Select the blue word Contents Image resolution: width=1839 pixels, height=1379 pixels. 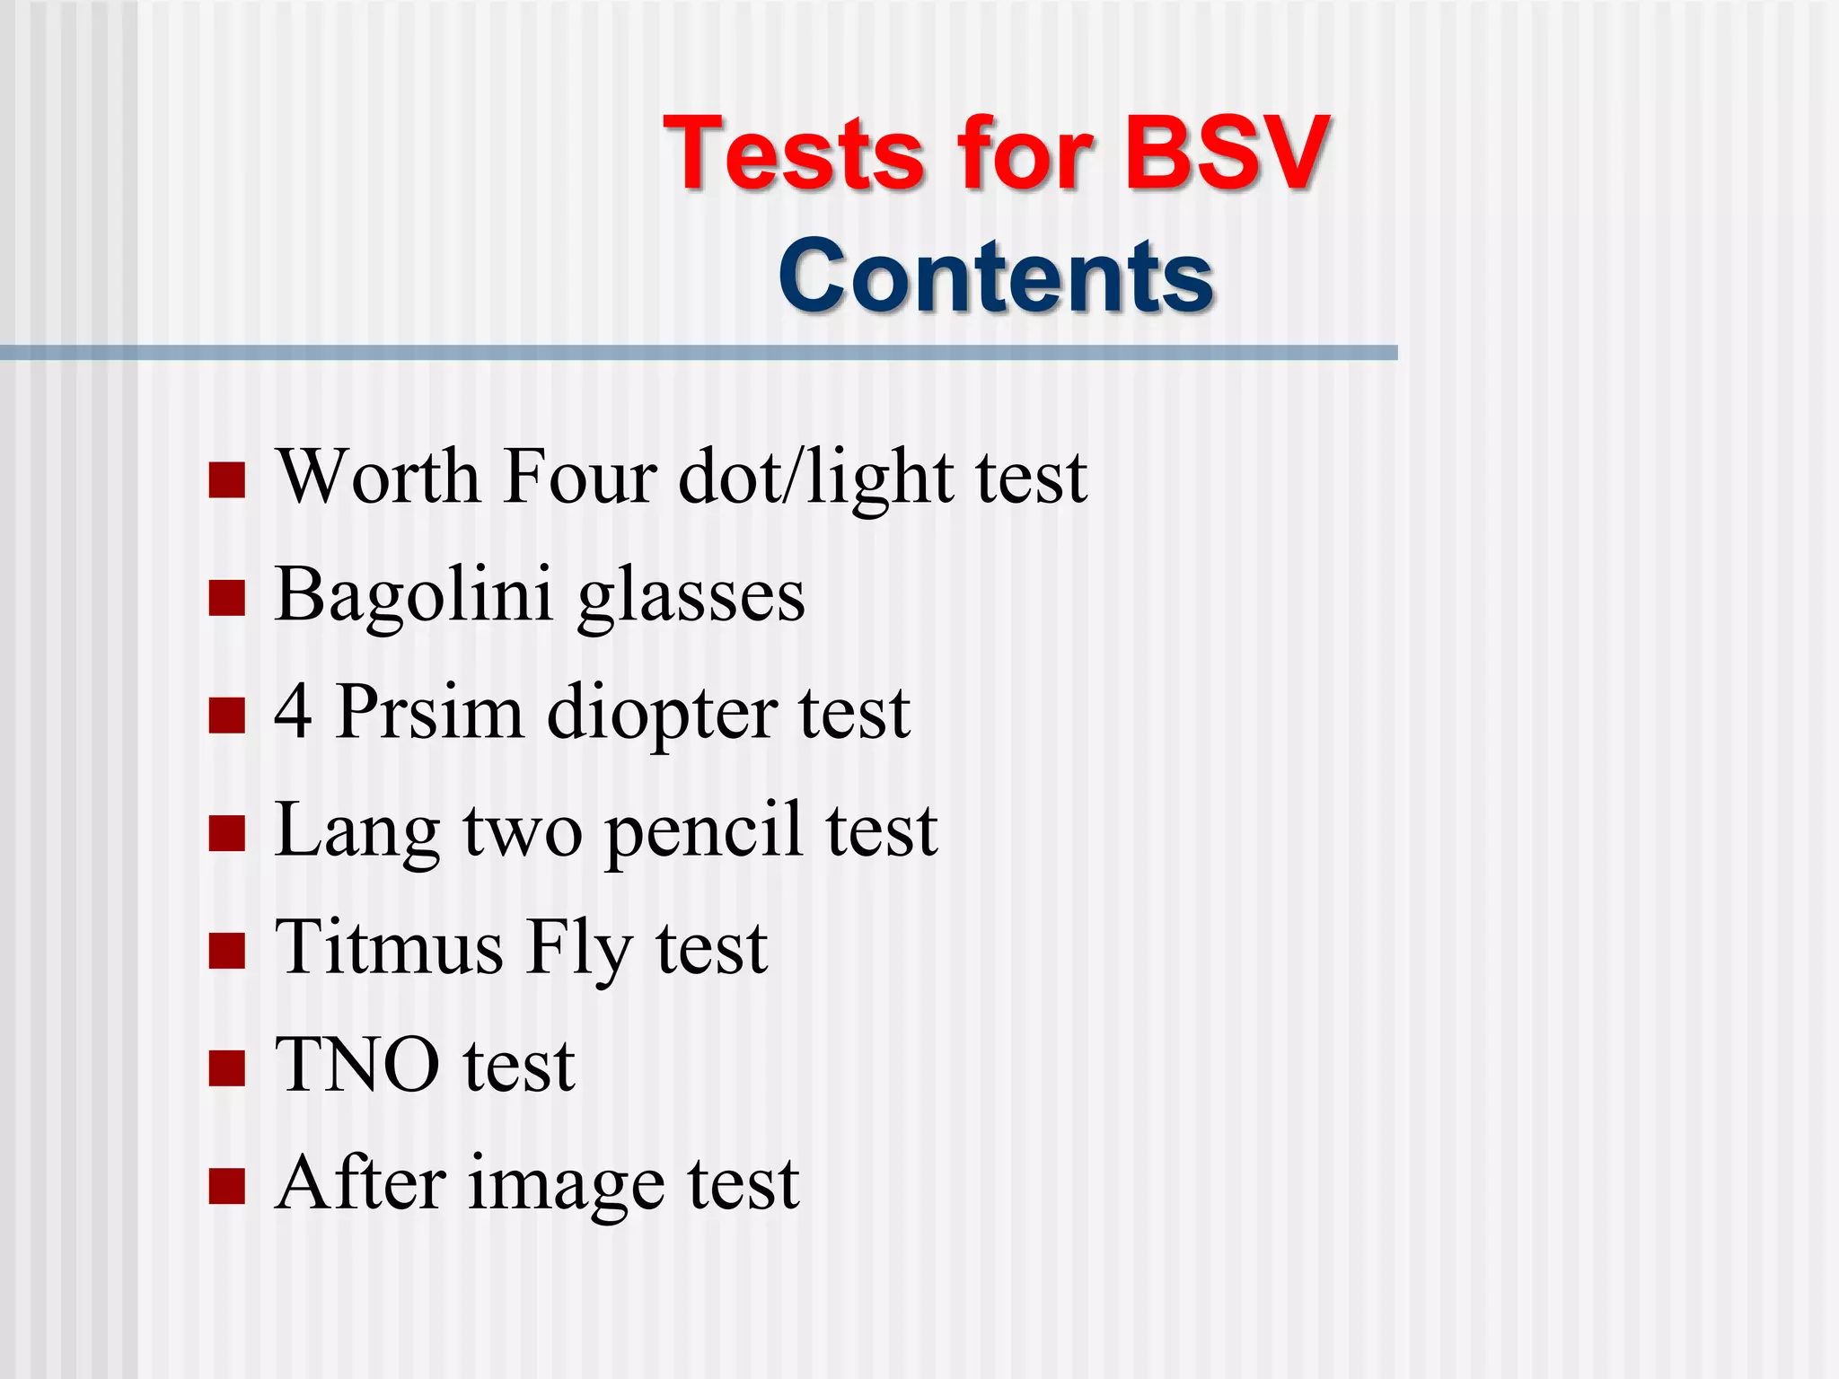click(x=996, y=276)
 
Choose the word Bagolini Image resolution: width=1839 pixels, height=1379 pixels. click(x=413, y=594)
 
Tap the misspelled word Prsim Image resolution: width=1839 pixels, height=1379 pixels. click(x=429, y=712)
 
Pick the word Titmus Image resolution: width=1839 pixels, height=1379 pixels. click(x=389, y=947)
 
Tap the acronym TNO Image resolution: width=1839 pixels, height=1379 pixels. click(x=357, y=1066)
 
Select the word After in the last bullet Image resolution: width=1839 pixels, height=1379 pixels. click(x=360, y=1183)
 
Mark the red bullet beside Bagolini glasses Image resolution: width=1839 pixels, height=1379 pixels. click(x=226, y=598)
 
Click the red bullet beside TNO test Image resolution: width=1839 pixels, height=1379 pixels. click(x=226, y=1068)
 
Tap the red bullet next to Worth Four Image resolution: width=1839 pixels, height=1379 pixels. click(x=226, y=480)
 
